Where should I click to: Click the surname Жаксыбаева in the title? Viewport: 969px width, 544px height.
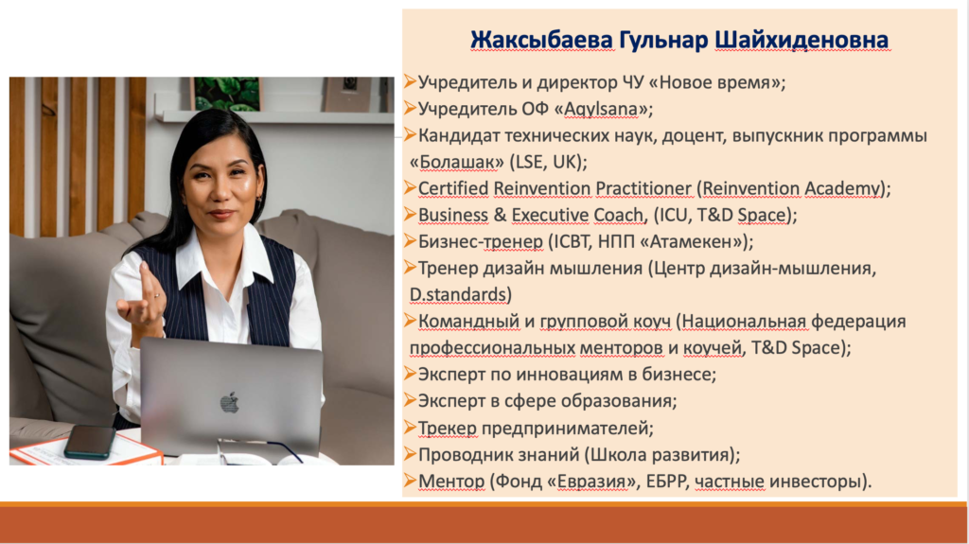541,40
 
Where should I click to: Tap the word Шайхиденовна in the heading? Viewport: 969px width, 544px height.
802,40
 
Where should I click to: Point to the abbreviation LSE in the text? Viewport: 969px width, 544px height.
528,162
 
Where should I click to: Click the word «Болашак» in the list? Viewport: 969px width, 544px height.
457,162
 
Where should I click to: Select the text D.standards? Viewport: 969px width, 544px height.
458,295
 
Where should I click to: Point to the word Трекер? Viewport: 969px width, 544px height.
448,428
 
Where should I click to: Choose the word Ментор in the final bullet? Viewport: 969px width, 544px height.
451,481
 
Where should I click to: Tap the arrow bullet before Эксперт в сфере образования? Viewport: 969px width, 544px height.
410,400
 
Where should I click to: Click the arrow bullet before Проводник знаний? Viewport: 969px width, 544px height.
410,454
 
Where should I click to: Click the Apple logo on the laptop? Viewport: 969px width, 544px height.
229,402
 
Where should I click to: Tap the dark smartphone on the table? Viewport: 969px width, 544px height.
90,442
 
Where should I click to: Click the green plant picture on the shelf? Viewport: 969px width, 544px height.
227,94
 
